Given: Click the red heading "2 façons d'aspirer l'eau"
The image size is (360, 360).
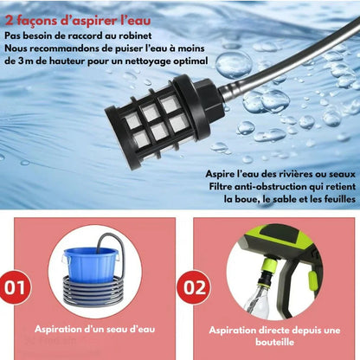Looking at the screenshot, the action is pyautogui.click(x=78, y=21).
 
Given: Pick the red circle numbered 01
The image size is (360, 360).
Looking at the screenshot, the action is pyautogui.click(x=16, y=287).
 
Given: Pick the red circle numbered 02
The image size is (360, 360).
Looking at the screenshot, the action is pyautogui.click(x=195, y=287).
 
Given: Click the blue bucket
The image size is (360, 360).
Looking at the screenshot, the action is pyautogui.click(x=91, y=265).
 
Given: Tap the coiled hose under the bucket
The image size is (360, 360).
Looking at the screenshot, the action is pyautogui.click(x=93, y=291).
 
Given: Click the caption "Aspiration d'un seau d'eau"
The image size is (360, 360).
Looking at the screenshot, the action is pyautogui.click(x=95, y=329).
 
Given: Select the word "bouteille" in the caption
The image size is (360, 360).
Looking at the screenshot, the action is pyautogui.click(x=274, y=342).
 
